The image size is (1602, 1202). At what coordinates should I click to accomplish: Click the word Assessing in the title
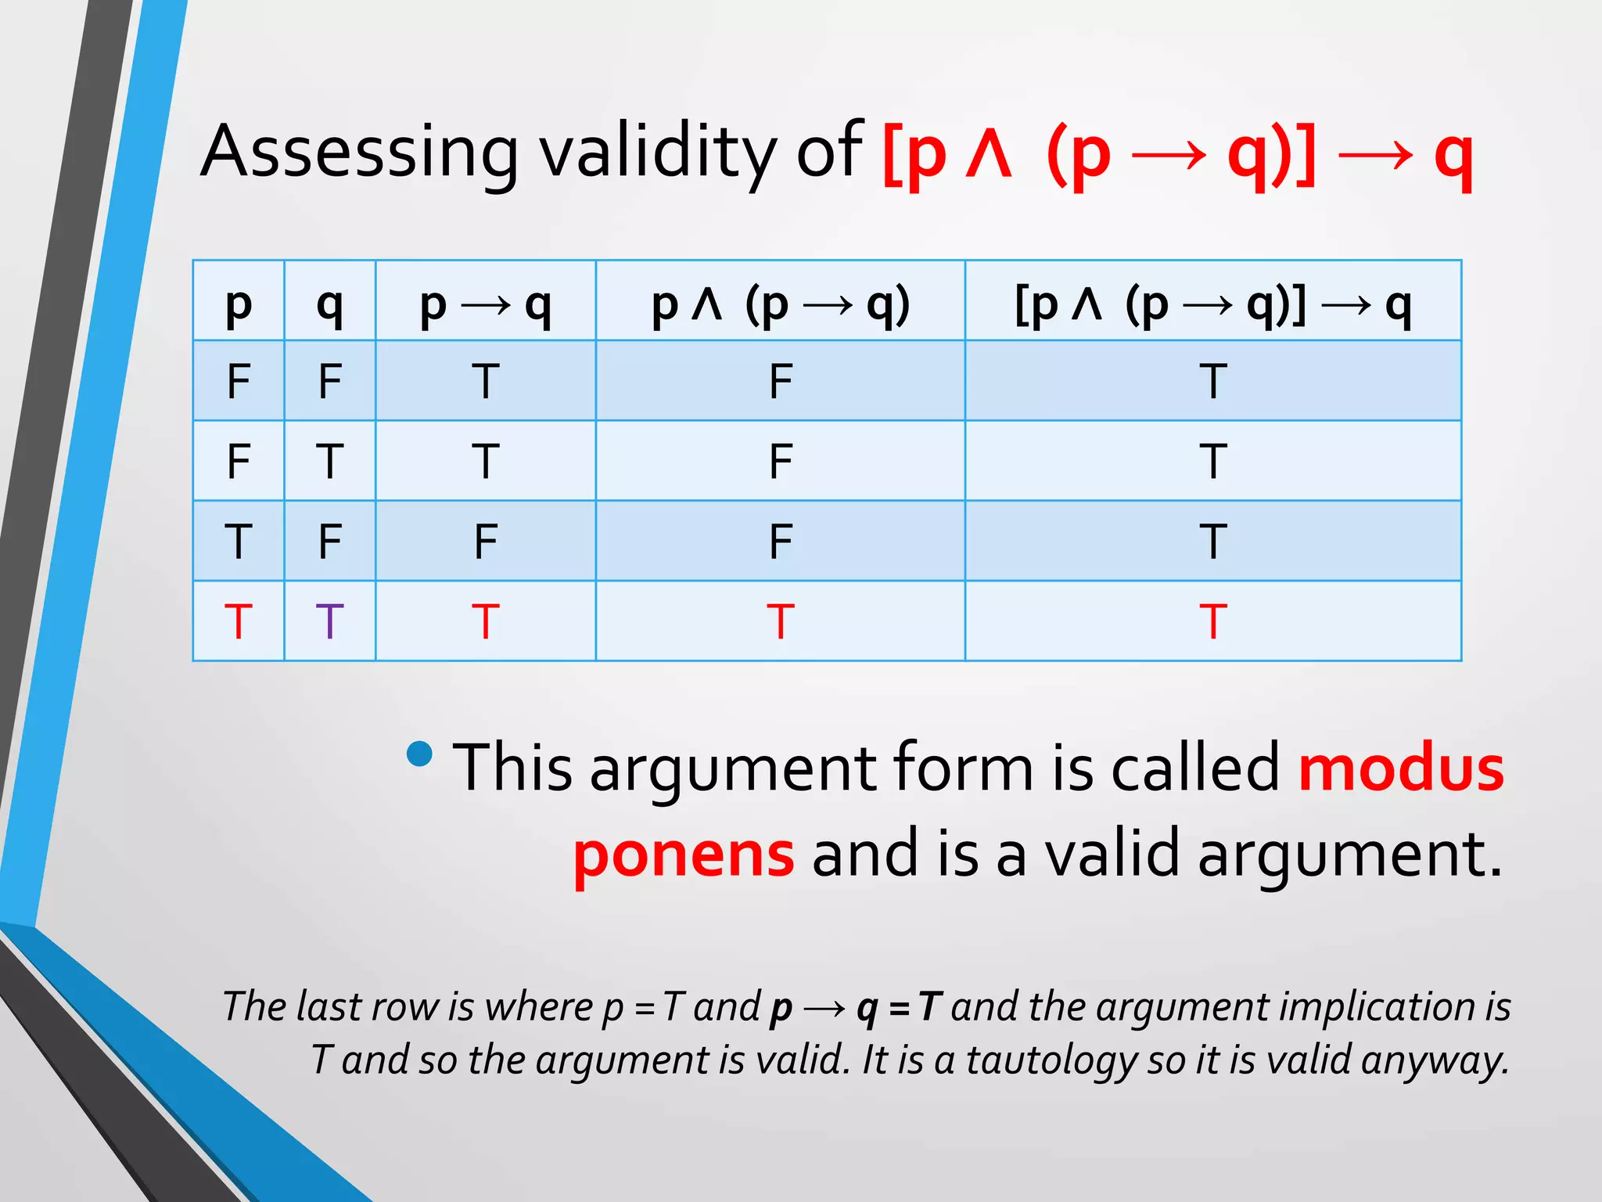[x=359, y=152]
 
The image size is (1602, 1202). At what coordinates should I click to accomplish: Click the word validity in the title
[x=657, y=152]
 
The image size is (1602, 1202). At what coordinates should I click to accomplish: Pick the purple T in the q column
[x=329, y=621]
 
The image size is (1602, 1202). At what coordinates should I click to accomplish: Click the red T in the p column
[x=238, y=621]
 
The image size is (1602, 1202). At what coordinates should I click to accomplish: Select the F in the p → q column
[x=485, y=541]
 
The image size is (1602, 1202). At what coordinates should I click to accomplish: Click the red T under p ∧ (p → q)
[x=780, y=621]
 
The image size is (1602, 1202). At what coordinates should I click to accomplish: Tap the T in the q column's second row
[x=329, y=461]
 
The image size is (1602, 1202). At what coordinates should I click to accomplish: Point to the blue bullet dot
[x=420, y=754]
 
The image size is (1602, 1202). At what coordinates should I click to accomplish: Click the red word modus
[x=1400, y=768]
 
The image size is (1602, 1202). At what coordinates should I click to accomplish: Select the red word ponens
[x=684, y=855]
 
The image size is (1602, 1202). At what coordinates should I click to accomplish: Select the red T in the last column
[x=1212, y=621]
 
